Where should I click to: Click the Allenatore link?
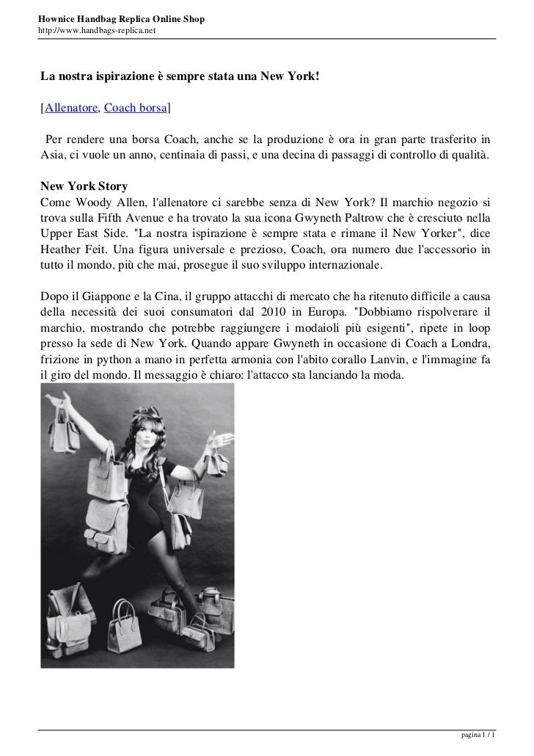pyautogui.click(x=70, y=109)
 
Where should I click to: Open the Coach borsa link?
pyautogui.click(x=136, y=109)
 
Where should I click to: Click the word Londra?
pyautogui.click(x=472, y=344)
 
